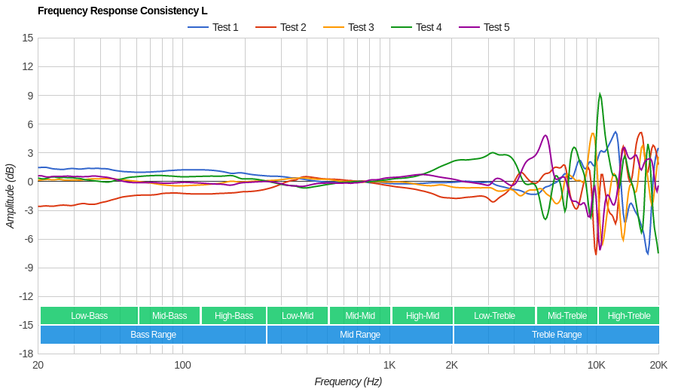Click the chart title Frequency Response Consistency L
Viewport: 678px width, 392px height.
[122, 11]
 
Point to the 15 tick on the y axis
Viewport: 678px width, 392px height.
[28, 38]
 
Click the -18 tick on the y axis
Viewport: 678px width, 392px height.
[26, 354]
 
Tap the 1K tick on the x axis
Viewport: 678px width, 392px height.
[389, 365]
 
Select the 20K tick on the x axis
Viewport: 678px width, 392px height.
[658, 365]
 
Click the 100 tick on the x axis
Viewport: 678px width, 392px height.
[182, 365]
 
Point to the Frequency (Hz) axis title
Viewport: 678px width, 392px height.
[348, 381]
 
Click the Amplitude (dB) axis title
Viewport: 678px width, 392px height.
[11, 196]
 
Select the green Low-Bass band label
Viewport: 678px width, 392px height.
[89, 316]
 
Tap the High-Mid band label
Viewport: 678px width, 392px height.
[423, 316]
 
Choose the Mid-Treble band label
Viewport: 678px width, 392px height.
[567, 316]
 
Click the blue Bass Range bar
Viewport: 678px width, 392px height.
[153, 335]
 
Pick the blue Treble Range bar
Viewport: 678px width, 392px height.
[557, 335]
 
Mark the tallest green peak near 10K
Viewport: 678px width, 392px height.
[600, 94]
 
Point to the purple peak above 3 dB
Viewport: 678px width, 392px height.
[546, 136]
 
